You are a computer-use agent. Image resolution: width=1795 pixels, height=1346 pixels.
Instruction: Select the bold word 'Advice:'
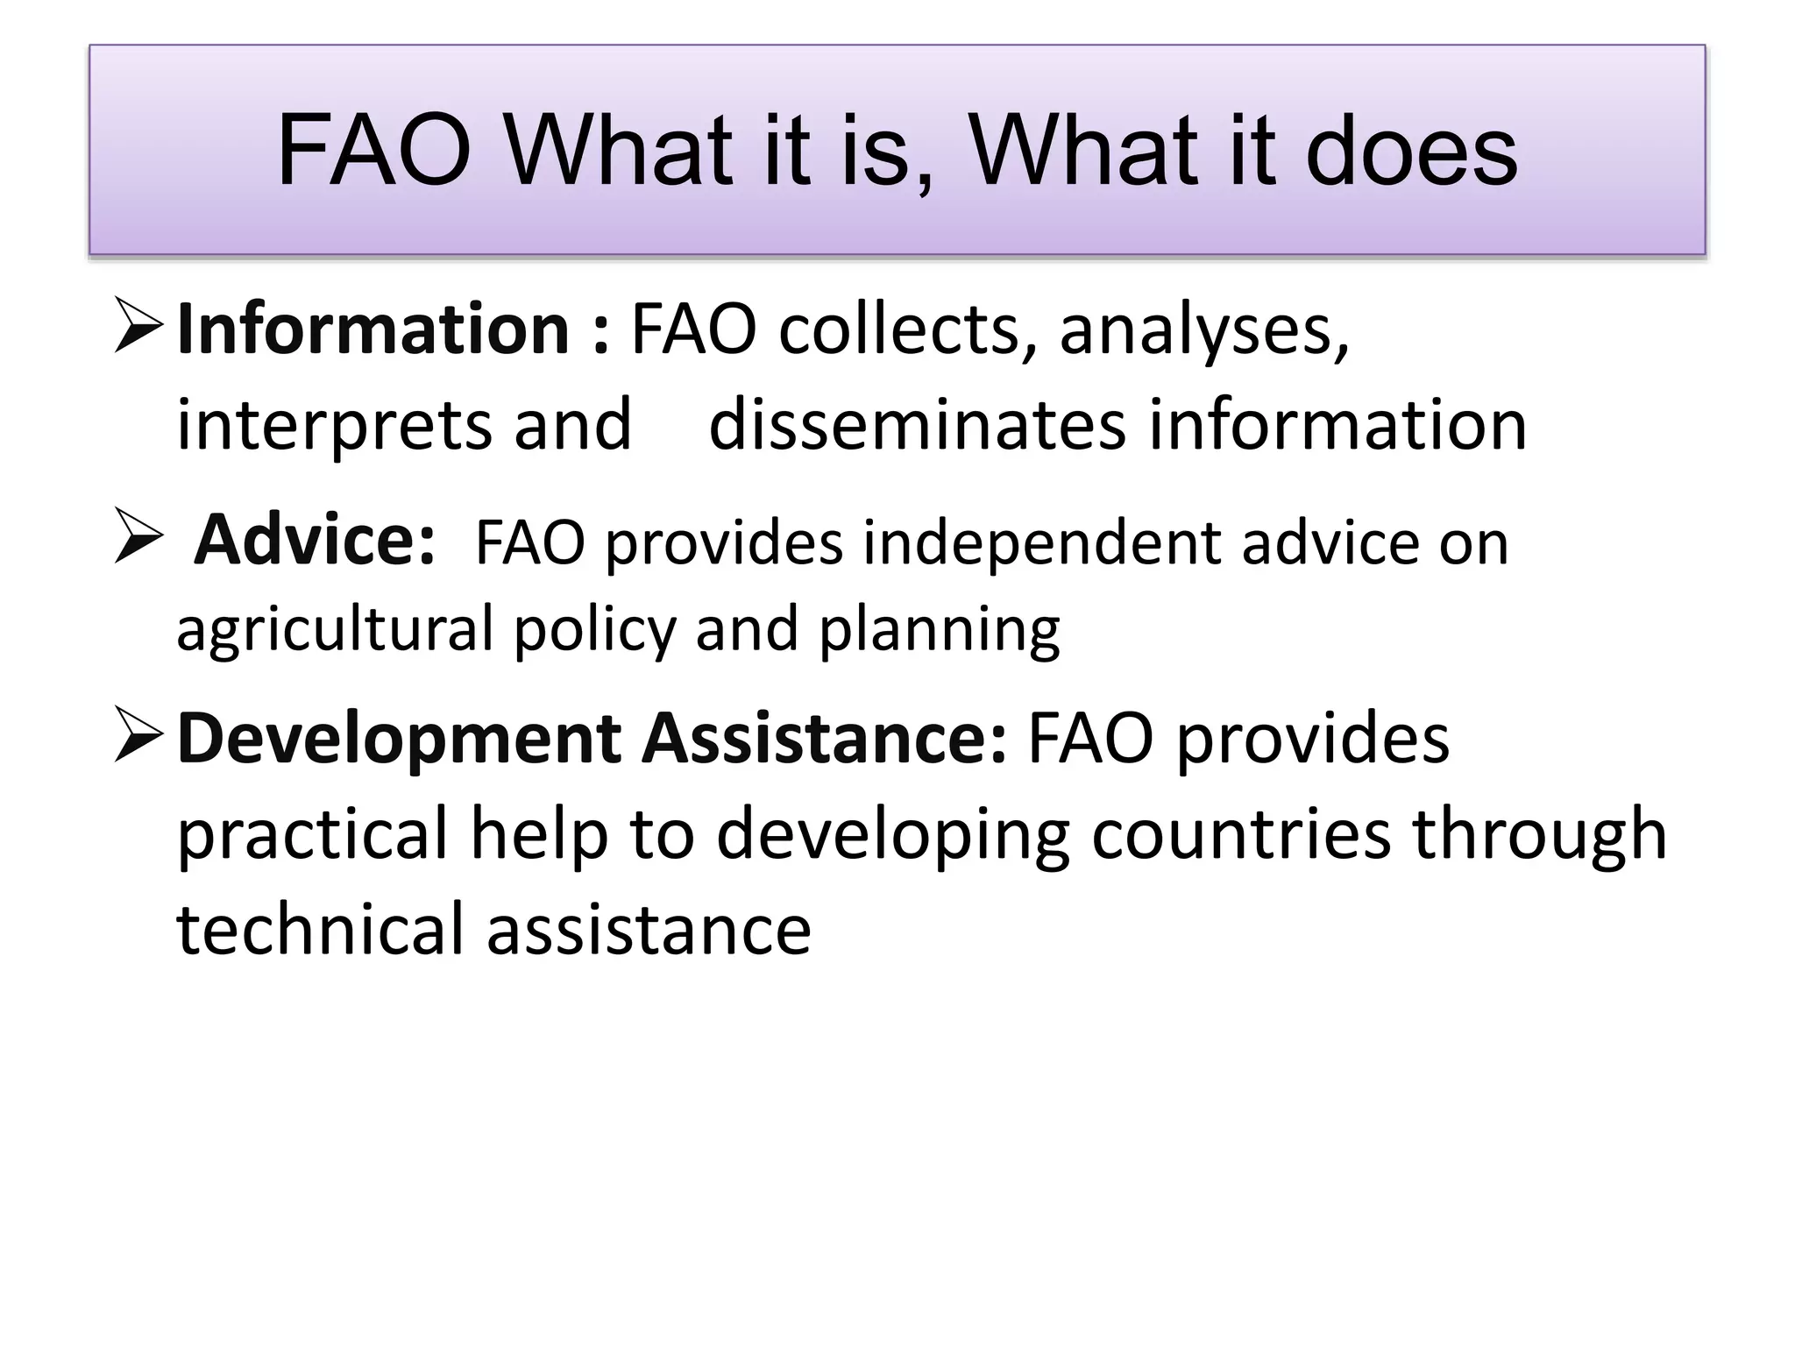coord(315,541)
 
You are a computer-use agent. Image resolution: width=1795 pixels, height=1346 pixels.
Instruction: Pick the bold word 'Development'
coord(398,739)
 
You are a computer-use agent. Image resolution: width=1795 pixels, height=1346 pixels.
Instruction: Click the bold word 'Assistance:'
coord(824,739)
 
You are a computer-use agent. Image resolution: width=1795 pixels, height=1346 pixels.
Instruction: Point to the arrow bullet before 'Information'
coord(138,325)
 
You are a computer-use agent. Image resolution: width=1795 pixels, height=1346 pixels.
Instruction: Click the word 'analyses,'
coord(1204,331)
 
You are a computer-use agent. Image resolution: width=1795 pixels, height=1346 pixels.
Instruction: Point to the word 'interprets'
coord(334,427)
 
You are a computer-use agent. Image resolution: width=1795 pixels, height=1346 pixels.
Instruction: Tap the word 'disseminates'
coord(917,425)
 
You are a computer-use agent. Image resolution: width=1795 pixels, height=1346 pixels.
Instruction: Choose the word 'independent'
coord(1043,542)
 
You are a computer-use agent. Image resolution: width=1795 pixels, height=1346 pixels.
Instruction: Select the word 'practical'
coord(313,834)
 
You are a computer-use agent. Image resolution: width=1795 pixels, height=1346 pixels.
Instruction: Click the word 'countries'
coord(1241,834)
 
